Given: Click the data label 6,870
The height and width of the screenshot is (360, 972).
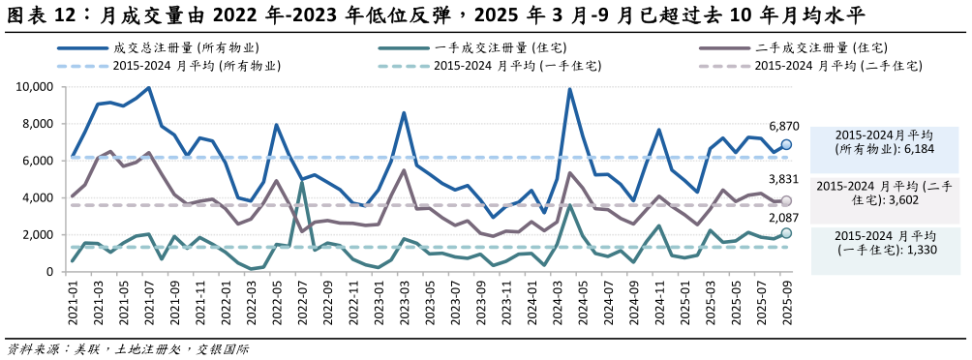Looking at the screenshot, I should (x=784, y=127).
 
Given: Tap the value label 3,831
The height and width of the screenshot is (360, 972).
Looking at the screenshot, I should (x=784, y=180).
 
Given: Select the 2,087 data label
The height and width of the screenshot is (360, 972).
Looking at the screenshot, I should (x=784, y=218).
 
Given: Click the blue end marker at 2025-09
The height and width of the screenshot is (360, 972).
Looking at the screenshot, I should (x=786, y=144).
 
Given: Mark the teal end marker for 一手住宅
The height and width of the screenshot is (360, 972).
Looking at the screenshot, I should (x=786, y=233).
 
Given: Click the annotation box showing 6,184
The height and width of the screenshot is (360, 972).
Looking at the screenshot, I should (x=883, y=142).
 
